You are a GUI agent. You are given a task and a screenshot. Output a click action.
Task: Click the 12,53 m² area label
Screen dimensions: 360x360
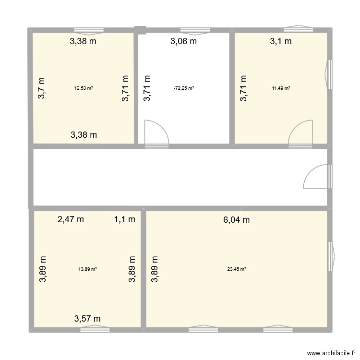point(84,88)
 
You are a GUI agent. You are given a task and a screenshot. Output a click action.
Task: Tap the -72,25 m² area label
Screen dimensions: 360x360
point(184,88)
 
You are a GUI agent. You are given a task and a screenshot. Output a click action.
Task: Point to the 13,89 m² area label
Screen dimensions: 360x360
point(87,269)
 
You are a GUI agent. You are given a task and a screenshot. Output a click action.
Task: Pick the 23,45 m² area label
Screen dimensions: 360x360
point(237,269)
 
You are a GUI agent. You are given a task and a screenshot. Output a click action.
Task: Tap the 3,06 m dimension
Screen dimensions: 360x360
point(184,41)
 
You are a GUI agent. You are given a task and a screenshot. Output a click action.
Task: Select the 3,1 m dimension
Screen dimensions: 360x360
point(281,41)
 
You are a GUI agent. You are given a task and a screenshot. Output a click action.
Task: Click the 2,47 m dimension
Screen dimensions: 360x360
point(71,220)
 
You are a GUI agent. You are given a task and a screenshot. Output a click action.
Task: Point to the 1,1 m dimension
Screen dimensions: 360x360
point(124,220)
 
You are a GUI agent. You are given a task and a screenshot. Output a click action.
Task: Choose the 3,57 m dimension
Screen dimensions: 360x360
point(87,318)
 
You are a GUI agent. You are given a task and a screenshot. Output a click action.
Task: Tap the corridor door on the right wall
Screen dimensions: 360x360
point(318,176)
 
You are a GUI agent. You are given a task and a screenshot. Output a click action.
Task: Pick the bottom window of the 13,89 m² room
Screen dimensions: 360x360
point(95,329)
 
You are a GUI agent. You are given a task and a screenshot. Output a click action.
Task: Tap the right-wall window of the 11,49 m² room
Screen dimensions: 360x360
point(329,74)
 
